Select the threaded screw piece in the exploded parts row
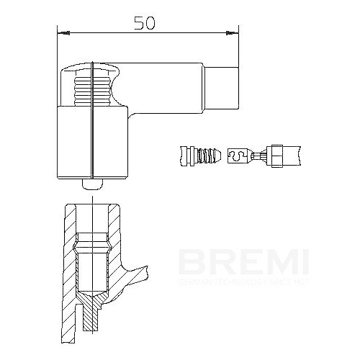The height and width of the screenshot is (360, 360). pos(210,154)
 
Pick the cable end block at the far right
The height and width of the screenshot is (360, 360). pos(289,154)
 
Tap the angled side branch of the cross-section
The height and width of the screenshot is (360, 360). pos(137,277)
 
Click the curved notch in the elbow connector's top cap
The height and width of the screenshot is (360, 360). pos(114,71)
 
